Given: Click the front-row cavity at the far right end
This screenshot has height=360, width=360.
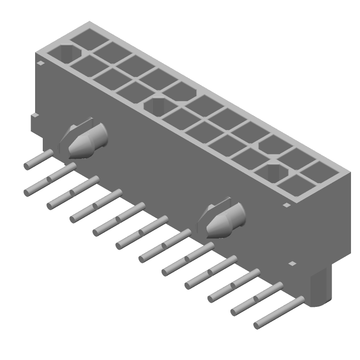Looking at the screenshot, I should click(x=295, y=185).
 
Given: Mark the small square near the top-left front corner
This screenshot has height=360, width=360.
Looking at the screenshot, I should click(x=41, y=64).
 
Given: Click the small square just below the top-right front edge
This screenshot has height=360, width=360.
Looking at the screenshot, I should click(x=286, y=205).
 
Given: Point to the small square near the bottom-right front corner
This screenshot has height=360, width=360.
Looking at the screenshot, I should click(x=292, y=263).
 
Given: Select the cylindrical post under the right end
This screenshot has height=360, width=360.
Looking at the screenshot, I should click(x=321, y=288).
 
